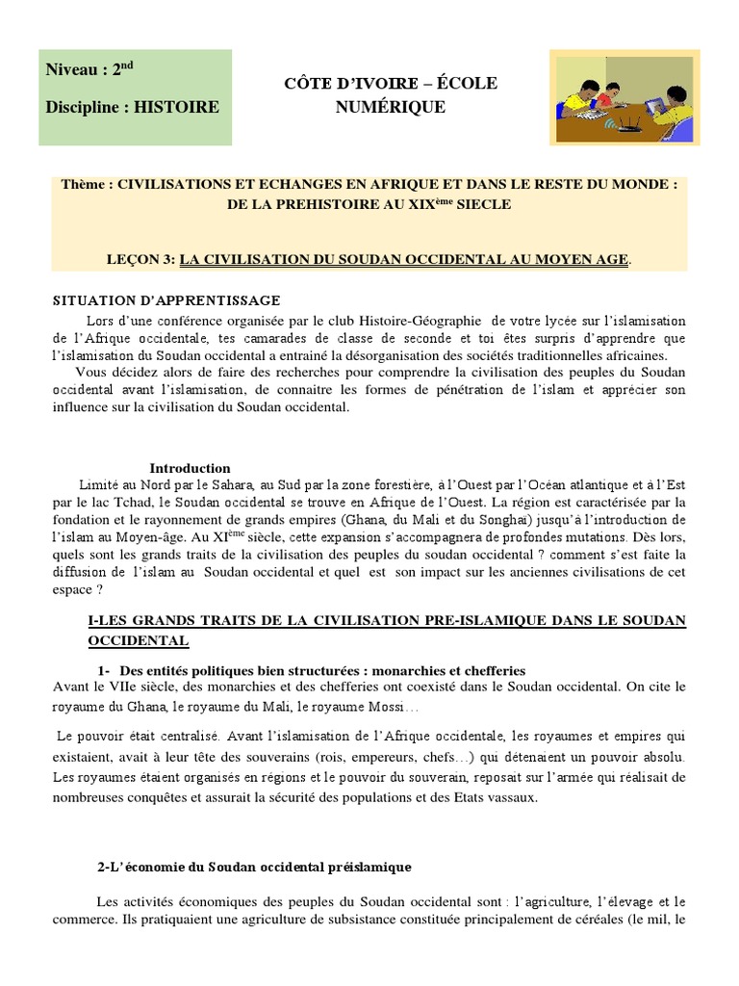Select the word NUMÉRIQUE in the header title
point(391,107)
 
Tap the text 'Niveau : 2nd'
point(90,70)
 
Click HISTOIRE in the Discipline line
point(176,107)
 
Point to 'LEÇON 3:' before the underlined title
point(141,259)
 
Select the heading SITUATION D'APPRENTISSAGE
point(166,300)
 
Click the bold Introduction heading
point(190,468)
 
